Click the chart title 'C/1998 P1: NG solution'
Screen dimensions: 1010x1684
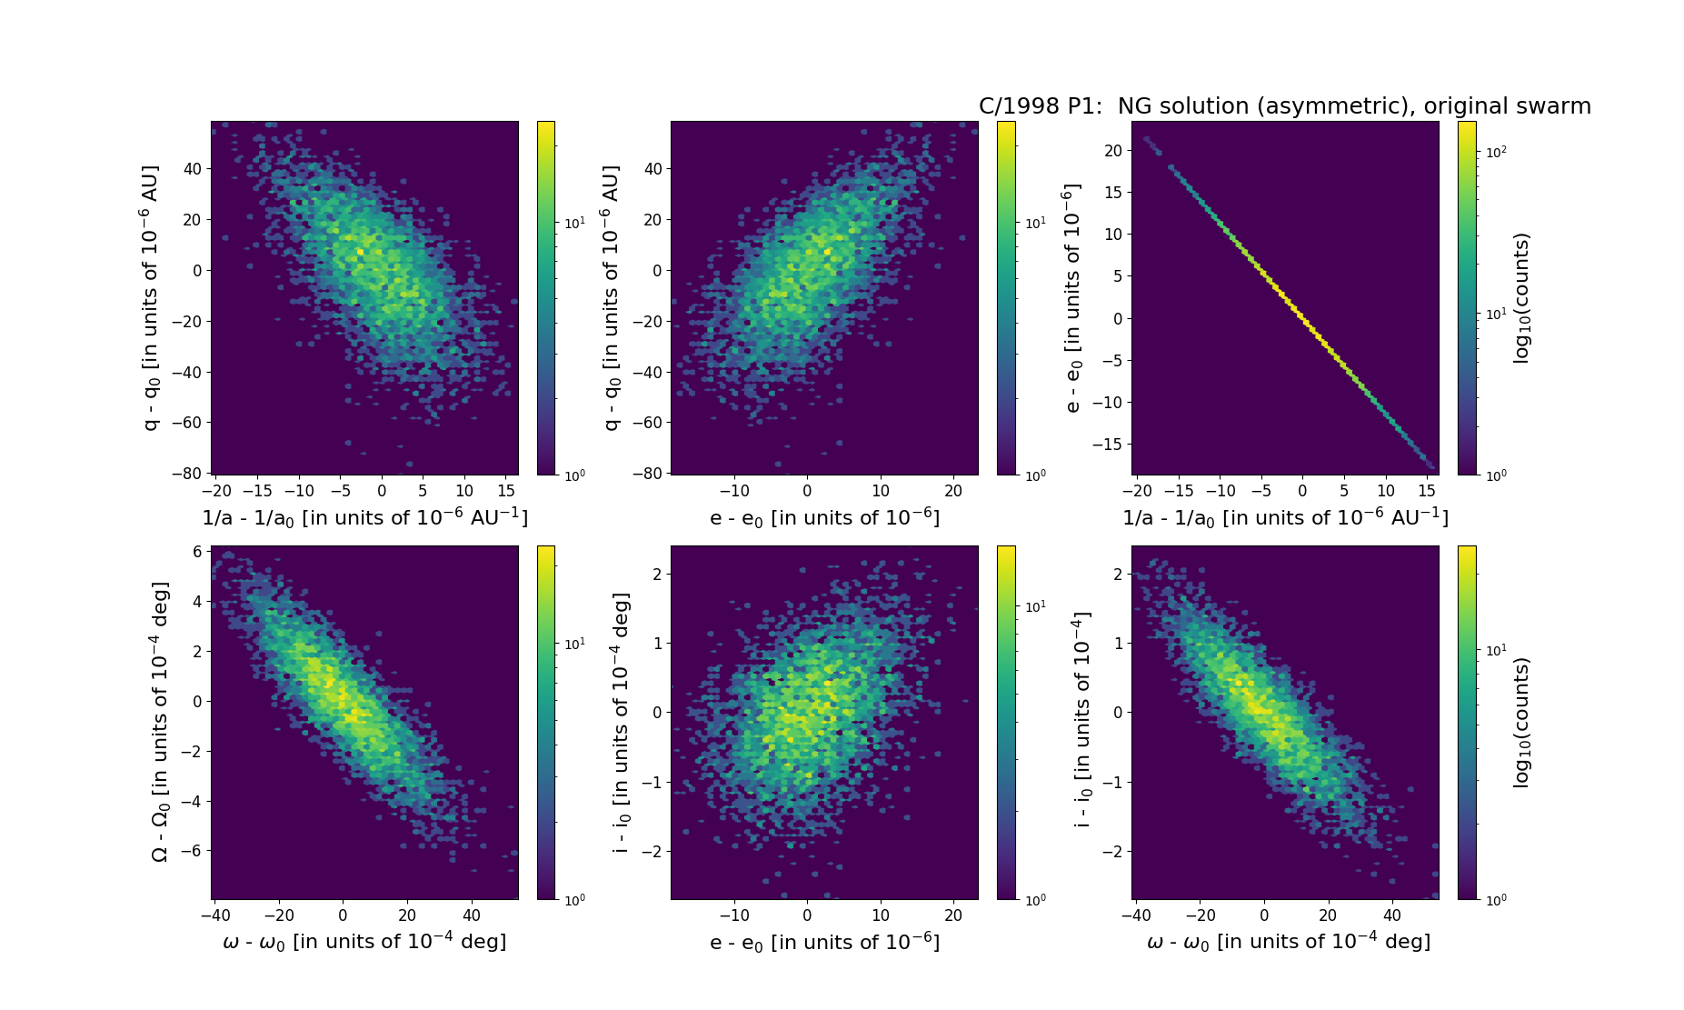[x=1284, y=106]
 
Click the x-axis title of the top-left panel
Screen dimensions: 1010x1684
[x=364, y=517]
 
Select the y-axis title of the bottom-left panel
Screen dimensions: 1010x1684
[x=160, y=722]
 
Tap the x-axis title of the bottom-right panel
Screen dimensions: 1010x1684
[x=1289, y=942]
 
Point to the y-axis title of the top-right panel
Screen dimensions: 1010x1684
[x=1073, y=298]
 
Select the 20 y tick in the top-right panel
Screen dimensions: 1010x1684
[x=1112, y=150]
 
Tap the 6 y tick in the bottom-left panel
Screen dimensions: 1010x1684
[x=196, y=552]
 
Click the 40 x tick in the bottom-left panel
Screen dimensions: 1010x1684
[x=472, y=916]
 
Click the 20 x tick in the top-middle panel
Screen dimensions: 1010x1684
[x=953, y=492]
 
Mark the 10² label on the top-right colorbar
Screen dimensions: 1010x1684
[x=1495, y=152]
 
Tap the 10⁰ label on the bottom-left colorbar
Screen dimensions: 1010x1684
[x=575, y=900]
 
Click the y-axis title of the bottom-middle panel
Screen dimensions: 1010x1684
[x=622, y=722]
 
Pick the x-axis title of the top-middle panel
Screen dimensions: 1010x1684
[x=824, y=517]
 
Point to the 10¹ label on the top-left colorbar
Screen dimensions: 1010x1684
[x=575, y=223]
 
